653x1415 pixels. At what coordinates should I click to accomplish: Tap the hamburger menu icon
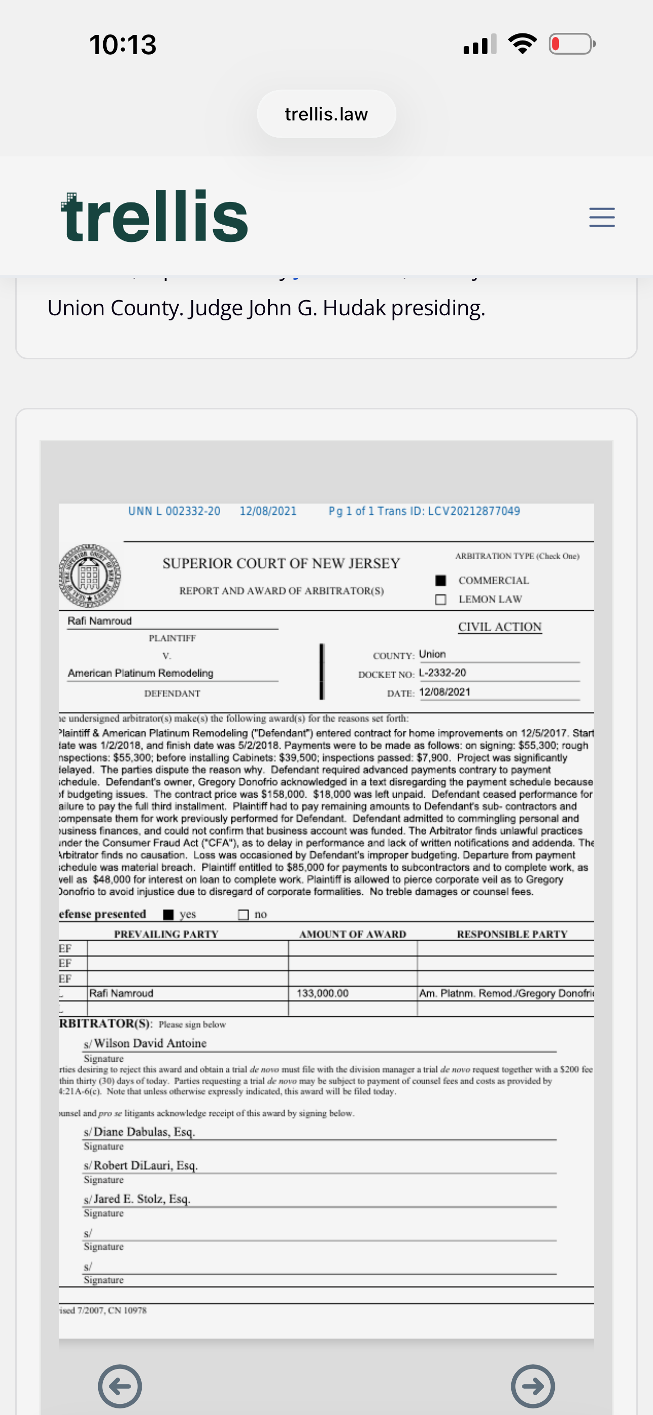click(601, 218)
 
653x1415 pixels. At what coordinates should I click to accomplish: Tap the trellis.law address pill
click(327, 114)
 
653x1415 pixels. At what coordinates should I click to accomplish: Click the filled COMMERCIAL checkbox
click(440, 580)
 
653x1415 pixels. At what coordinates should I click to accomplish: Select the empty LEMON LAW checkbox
click(440, 599)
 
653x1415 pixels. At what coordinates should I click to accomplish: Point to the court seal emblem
click(90, 576)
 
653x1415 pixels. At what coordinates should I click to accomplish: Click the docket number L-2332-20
click(442, 673)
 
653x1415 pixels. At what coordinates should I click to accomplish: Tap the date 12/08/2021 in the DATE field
click(444, 692)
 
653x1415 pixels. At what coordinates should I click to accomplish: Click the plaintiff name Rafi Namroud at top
click(100, 621)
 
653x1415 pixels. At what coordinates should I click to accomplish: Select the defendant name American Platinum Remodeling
click(140, 673)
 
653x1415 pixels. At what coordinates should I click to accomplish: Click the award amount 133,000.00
click(322, 993)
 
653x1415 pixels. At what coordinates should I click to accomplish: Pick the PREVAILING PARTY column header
click(166, 934)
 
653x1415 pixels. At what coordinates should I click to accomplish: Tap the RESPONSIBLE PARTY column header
click(512, 934)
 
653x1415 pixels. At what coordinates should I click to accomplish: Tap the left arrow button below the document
click(120, 1386)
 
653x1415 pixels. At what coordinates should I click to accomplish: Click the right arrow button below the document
click(533, 1386)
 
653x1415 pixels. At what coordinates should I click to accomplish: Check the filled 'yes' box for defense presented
click(169, 914)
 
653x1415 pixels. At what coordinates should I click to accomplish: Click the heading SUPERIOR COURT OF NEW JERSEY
click(281, 564)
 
